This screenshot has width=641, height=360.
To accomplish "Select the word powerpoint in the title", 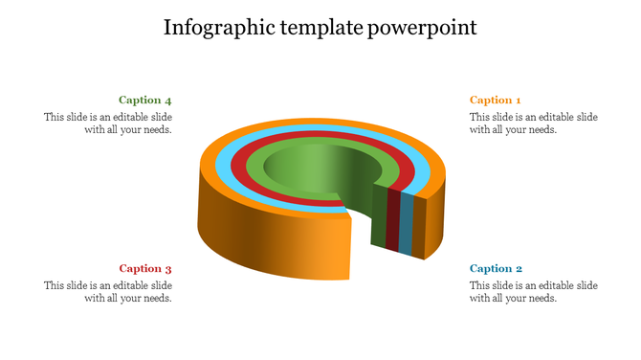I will pos(422,27).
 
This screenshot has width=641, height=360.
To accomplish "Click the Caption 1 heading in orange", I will pos(495,100).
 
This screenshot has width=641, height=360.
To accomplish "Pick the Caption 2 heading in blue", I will pos(495,269).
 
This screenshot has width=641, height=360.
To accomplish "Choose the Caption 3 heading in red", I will pos(145,269).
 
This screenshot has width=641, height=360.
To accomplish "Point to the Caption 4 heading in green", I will pos(145,100).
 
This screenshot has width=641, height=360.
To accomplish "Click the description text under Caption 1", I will pos(533,124).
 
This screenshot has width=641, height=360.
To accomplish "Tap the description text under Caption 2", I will pos(533,292).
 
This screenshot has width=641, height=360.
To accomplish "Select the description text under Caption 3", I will pos(108,292).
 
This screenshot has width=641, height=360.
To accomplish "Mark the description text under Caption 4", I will pos(108,124).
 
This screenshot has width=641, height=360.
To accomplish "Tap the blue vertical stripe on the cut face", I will pos(406,225).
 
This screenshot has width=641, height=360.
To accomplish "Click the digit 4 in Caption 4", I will pos(168,100).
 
